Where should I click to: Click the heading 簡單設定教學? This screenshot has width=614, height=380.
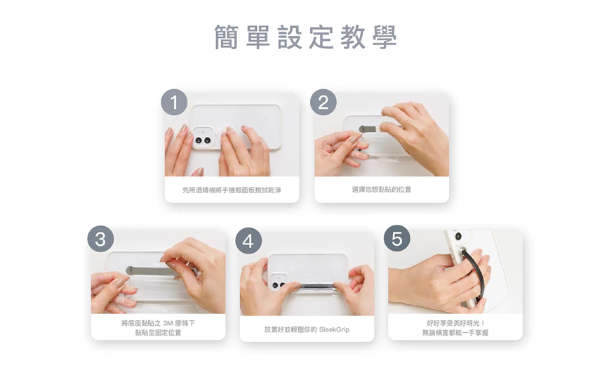coord(306,37)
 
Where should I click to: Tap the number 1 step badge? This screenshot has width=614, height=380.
coord(174,102)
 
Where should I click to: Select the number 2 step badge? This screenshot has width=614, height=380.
coord(323,102)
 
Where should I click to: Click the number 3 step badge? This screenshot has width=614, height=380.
coord(100,238)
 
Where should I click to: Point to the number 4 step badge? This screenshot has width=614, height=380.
coord(248,241)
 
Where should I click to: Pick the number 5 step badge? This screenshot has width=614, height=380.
coord(396,238)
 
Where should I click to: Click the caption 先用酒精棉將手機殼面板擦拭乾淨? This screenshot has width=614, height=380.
coord(232,190)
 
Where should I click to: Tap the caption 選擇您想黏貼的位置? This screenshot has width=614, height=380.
coord(382,190)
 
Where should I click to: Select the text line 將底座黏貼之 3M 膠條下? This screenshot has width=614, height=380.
coord(158,323)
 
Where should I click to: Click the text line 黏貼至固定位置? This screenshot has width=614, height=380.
coord(158,332)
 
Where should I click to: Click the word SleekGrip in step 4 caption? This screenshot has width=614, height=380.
coord(334,329)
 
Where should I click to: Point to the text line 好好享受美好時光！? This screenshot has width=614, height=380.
coord(456,323)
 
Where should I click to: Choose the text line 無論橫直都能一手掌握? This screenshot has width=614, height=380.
coord(455,332)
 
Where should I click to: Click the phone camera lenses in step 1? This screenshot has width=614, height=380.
coord(203,140)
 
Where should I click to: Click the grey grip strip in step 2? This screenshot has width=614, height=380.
coord(372,129)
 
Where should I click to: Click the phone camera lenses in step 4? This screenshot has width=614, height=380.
coord(279,284)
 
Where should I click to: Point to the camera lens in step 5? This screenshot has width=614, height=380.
coord(458,236)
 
